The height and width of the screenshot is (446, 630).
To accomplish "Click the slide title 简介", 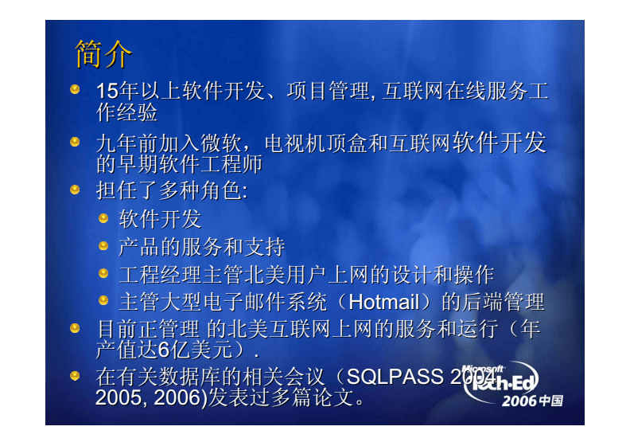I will point(103,54).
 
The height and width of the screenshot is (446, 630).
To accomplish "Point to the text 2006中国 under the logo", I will point(531,401).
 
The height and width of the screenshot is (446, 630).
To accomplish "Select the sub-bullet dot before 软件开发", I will point(103,217).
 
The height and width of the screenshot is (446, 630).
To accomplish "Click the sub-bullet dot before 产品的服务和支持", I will point(103,245).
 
